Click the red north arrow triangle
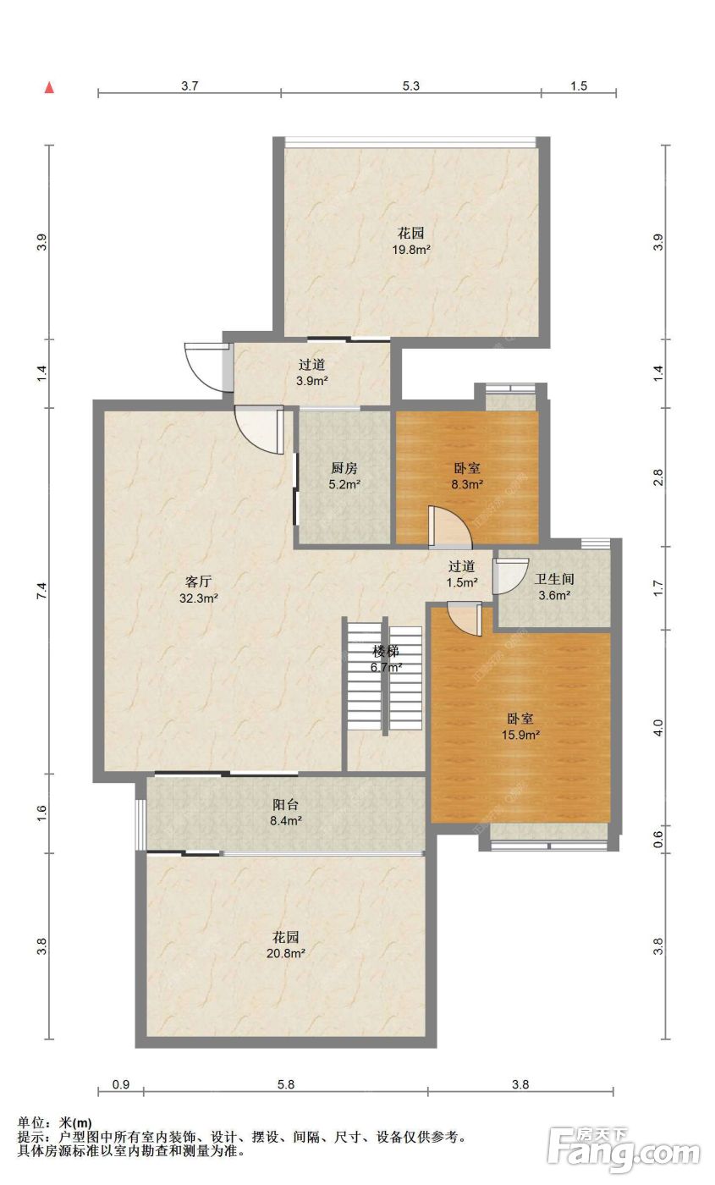(x=49, y=87)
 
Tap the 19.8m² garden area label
(x=411, y=250)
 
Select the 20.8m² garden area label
(x=286, y=953)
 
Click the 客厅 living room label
(x=198, y=582)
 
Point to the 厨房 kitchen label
(x=344, y=468)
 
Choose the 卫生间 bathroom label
(x=554, y=579)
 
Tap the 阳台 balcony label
(x=286, y=805)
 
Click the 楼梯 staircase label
(x=386, y=651)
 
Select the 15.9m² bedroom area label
(x=520, y=735)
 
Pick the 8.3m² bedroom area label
(x=467, y=484)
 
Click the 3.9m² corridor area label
(x=312, y=381)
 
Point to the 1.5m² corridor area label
(x=462, y=582)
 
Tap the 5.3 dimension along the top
(x=411, y=85)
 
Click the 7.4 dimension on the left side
(x=41, y=591)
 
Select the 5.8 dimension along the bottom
(x=286, y=1084)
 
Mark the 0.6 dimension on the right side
(x=658, y=839)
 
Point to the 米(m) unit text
(x=75, y=1122)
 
